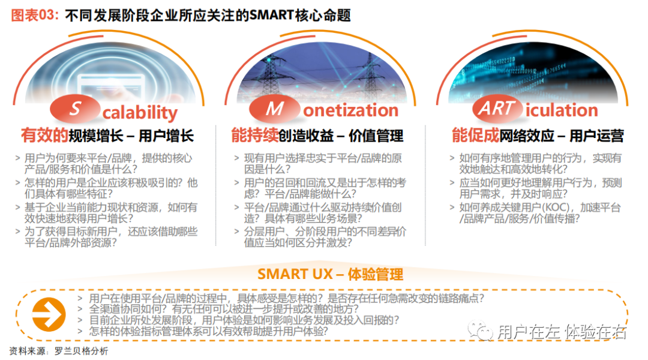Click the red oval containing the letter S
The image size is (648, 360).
tap(75, 109)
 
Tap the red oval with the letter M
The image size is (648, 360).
tap(274, 109)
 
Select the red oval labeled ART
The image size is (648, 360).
tap(497, 109)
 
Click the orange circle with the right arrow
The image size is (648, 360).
tap(49, 314)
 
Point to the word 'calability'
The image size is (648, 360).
tap(140, 112)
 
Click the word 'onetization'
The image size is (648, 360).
tap(351, 110)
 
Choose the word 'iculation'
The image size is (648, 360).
tap(562, 110)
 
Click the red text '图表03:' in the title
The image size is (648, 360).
tap(35, 15)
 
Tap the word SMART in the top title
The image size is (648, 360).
tap(271, 15)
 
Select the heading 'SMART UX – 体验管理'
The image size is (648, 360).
tap(330, 274)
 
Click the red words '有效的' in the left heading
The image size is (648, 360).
tap(44, 136)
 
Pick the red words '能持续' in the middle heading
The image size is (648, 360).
tap(254, 136)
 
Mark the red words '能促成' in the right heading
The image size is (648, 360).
tap(475, 136)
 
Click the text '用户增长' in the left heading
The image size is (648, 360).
tap(166, 136)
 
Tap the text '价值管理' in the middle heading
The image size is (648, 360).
tap(376, 136)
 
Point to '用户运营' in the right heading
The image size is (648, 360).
tap(597, 136)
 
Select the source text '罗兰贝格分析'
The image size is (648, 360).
tap(82, 352)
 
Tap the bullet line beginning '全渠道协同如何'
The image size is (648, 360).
tap(224, 309)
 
